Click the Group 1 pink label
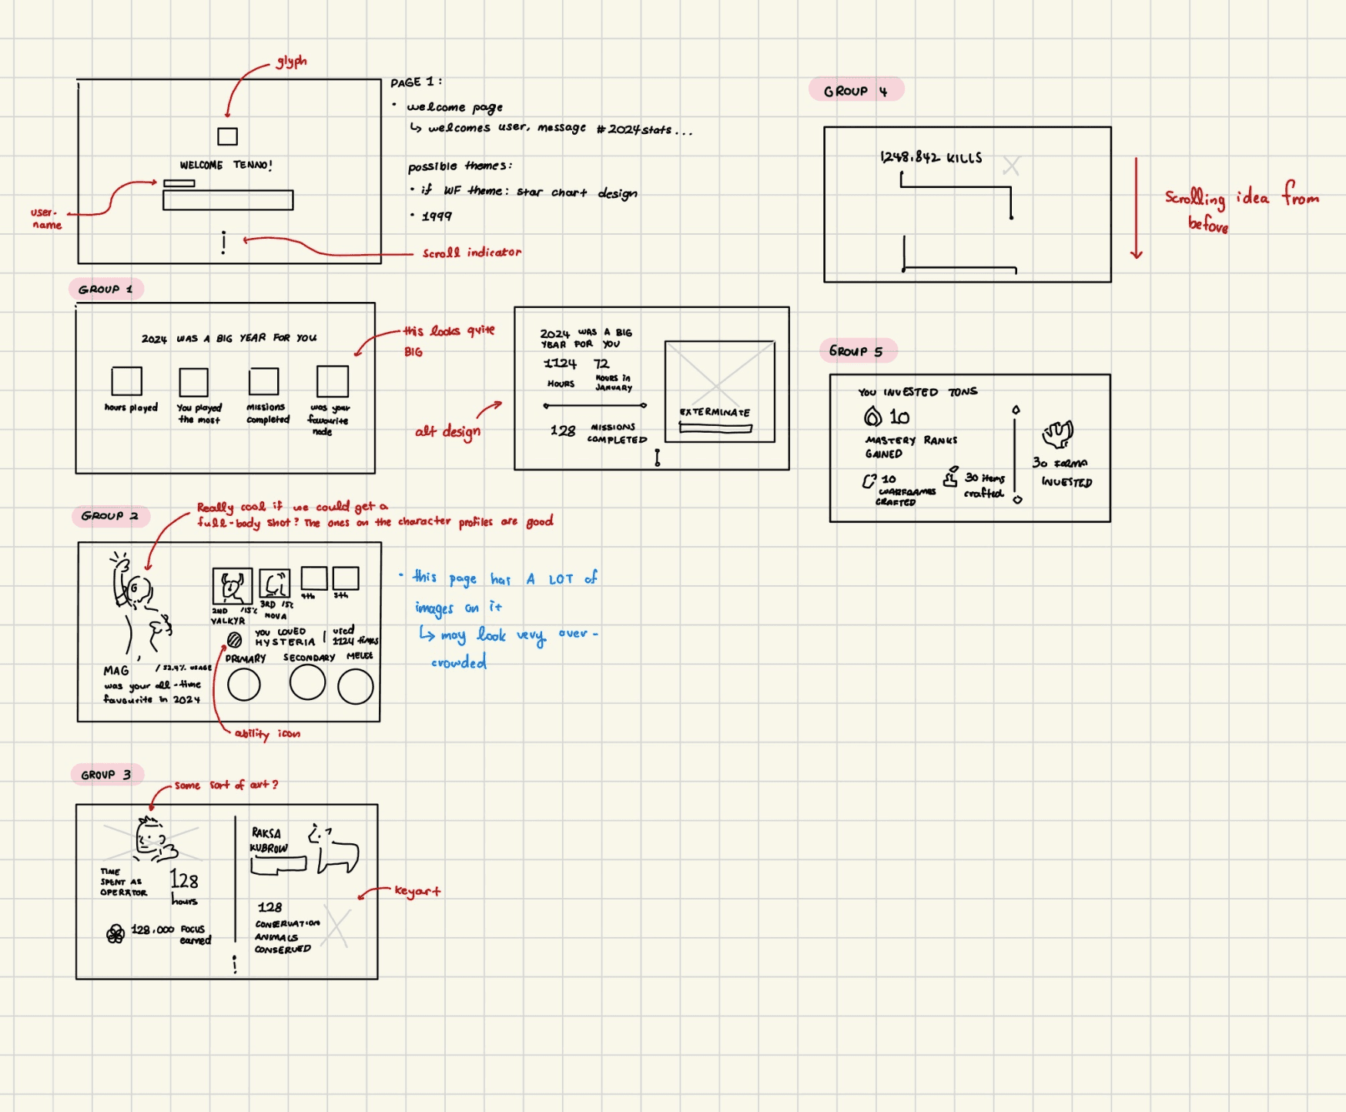105,289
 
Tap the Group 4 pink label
855,91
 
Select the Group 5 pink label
856,351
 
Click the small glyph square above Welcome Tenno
227,136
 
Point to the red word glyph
292,62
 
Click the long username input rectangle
228,200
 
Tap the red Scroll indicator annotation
471,253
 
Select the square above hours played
127,381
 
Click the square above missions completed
263,381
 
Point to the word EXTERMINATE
715,412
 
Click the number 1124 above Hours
560,363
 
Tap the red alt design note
447,431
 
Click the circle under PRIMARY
244,684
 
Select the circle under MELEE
356,686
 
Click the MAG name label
116,671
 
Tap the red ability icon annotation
267,734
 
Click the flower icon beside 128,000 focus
116,934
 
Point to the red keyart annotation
417,891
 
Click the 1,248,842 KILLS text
931,158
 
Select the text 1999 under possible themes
437,216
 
